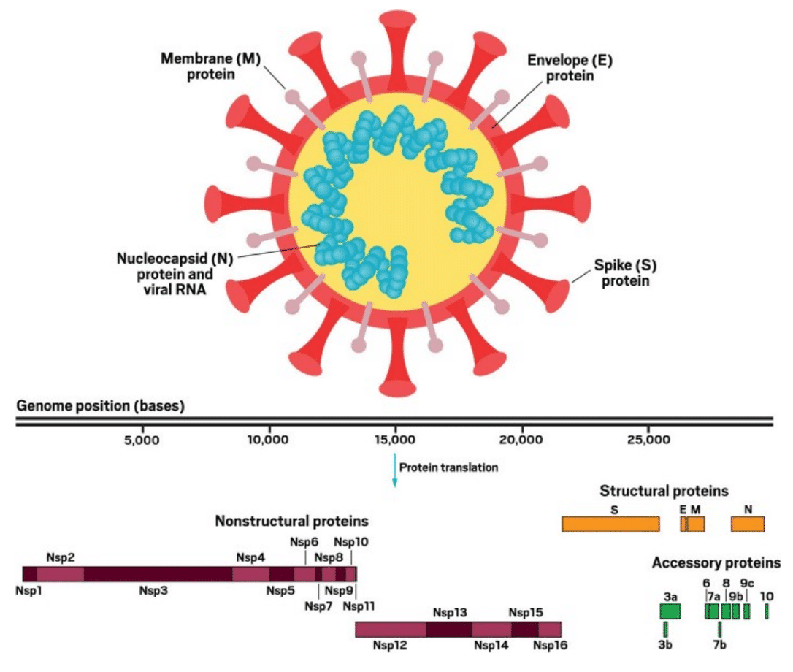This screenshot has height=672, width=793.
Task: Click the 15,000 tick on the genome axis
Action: click(x=395, y=440)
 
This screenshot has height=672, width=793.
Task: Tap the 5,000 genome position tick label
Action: click(x=142, y=440)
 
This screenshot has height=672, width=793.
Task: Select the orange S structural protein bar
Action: click(x=610, y=524)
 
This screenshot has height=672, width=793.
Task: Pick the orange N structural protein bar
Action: click(x=748, y=524)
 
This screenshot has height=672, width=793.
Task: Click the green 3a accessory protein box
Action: click(x=670, y=611)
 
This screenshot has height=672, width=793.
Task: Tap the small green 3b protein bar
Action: click(x=665, y=629)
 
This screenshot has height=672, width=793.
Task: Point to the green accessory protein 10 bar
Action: click(x=767, y=611)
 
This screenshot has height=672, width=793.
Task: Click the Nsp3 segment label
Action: click(x=153, y=589)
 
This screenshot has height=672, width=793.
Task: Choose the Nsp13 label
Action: click(x=450, y=613)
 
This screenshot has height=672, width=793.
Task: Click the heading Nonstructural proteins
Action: click(x=291, y=522)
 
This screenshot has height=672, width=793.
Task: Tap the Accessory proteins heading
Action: click(x=716, y=563)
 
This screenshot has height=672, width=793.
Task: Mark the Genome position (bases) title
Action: click(x=100, y=405)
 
